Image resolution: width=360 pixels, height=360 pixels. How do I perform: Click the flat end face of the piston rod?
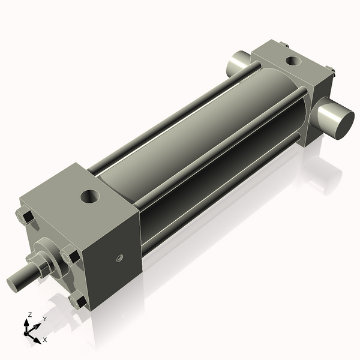[13, 284]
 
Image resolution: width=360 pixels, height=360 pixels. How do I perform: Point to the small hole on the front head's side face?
[119, 259]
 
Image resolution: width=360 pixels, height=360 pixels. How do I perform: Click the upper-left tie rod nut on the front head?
[25, 217]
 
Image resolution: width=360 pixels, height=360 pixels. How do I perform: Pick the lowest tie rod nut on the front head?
[77, 300]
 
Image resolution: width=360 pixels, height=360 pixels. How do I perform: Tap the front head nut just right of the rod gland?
[70, 254]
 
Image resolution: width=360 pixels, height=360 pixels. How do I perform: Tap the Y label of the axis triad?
[44, 319]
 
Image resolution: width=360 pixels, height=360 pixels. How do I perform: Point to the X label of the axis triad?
[44, 340]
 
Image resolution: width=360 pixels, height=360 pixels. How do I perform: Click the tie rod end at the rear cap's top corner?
[283, 44]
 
